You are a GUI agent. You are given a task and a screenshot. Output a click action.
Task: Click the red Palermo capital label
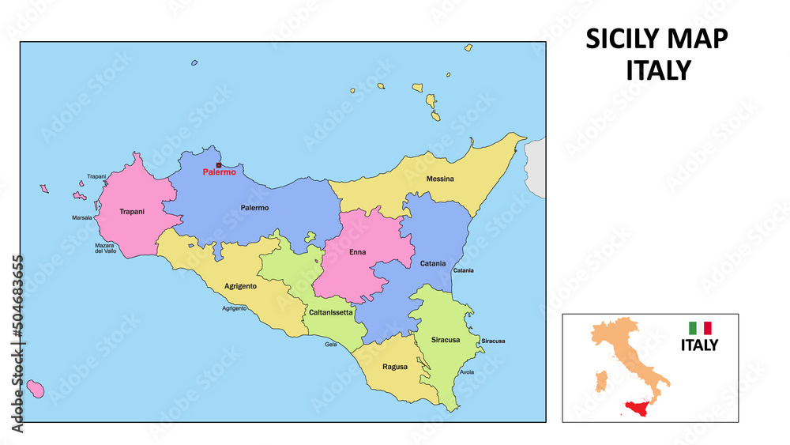[x=219, y=172]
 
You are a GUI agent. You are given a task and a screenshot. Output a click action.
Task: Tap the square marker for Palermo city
[x=219, y=165]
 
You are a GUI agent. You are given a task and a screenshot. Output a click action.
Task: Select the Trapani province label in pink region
[x=131, y=212]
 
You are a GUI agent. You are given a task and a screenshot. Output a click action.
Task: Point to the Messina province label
[x=440, y=179]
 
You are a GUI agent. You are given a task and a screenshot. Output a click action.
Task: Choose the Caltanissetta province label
[x=331, y=312]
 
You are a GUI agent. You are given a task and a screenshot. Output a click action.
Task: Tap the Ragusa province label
[x=395, y=367]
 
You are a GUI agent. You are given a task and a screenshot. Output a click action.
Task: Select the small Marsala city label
[x=82, y=217]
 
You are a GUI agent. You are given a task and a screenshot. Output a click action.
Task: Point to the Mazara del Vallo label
[x=106, y=248]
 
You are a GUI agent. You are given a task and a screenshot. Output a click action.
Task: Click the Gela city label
[x=331, y=344]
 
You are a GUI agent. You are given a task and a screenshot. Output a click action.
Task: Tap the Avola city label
[x=467, y=372]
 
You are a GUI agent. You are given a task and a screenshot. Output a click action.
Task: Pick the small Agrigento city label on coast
[x=235, y=307]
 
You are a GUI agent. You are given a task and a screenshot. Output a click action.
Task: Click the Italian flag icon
[x=700, y=327]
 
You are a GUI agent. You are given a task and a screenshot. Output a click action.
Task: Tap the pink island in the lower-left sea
[x=35, y=387]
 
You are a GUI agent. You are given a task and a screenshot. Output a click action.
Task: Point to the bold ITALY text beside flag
[x=700, y=345]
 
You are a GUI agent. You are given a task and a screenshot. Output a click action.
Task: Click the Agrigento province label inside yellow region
[x=240, y=286]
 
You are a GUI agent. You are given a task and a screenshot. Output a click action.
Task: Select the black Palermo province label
[x=254, y=208]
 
